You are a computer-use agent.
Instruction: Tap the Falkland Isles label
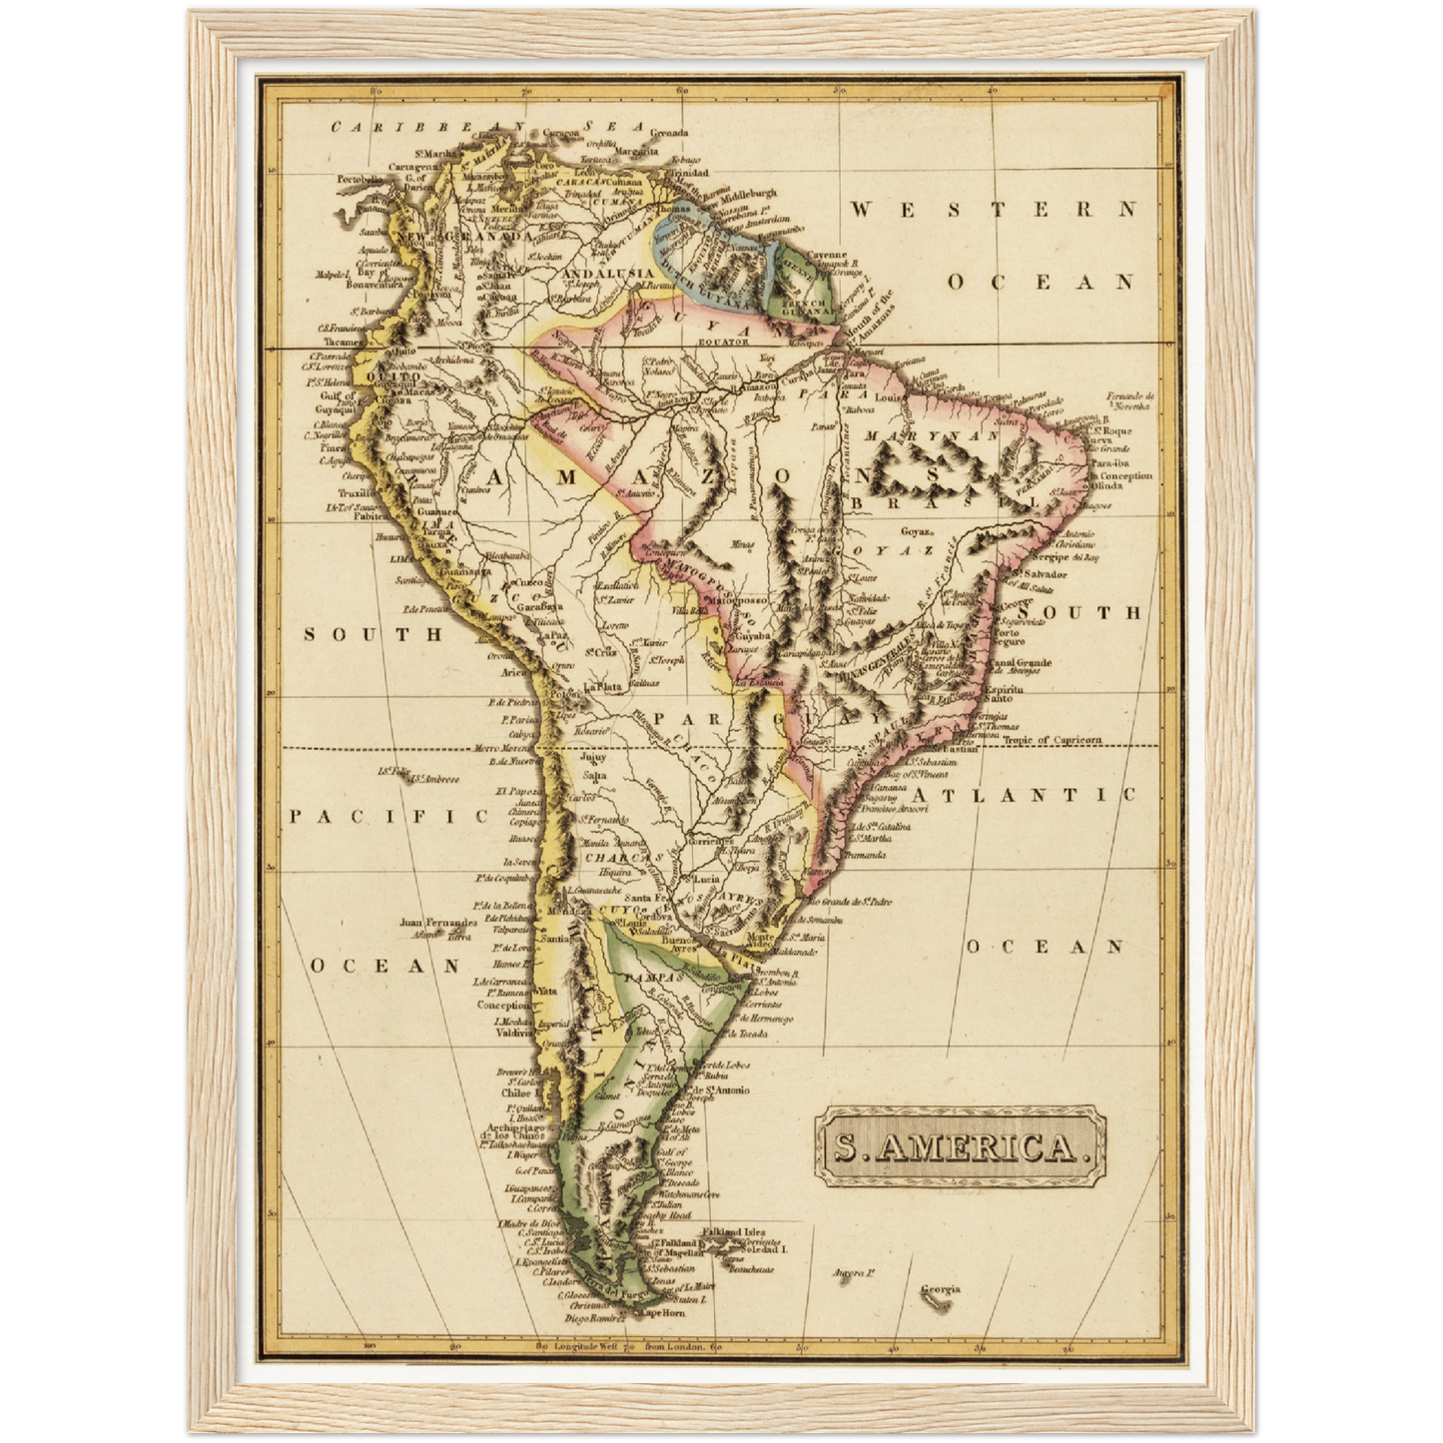(736, 1232)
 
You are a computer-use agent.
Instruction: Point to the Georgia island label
(940, 1288)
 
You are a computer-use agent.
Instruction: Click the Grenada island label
(668, 133)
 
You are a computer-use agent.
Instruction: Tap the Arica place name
(513, 671)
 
